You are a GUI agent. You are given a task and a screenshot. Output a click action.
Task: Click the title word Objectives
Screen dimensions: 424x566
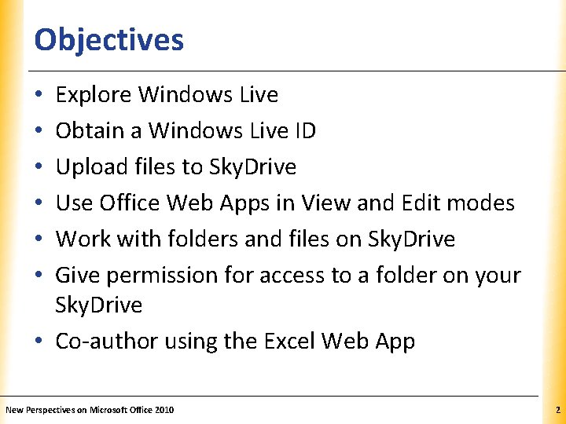109,39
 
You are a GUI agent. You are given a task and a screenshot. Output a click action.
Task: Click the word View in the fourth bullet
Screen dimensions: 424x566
322,203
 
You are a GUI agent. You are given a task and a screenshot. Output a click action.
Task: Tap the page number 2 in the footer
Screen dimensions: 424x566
557,410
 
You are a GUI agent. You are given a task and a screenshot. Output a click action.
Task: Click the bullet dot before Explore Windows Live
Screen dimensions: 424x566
39,96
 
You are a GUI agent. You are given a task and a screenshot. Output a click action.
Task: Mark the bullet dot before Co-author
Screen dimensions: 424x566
39,342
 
